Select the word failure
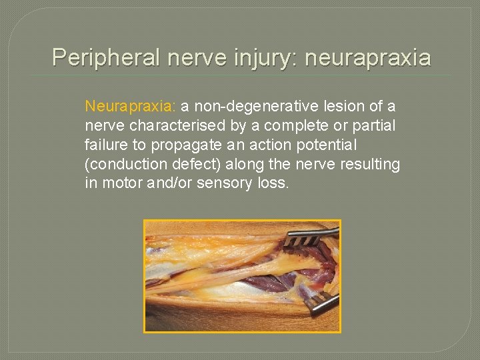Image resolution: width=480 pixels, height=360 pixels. coord(107,145)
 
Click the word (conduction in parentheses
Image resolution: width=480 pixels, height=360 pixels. coord(122,164)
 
